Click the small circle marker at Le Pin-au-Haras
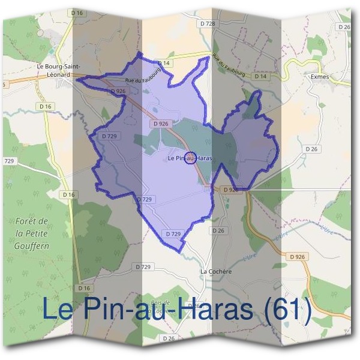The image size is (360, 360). (x=190, y=158)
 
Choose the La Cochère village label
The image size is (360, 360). (x=215, y=271)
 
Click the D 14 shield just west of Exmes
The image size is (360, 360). (x=260, y=77)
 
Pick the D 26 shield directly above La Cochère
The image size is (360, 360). (x=218, y=230)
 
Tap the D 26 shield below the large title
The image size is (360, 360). (x=168, y=339)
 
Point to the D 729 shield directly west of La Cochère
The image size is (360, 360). (x=143, y=266)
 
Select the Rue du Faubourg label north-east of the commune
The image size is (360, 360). (x=229, y=66)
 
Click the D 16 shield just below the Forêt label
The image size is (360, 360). (x=83, y=272)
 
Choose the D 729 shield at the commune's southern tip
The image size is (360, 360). (x=173, y=233)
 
